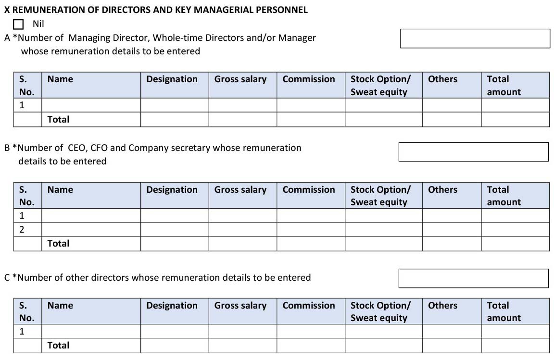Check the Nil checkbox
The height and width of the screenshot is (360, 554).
coord(19,24)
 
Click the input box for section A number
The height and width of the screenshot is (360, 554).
coord(475,38)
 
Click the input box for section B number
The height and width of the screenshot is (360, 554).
coord(473,152)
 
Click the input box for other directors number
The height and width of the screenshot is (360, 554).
coord(473,278)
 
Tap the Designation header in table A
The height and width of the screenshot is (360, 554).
coord(172,79)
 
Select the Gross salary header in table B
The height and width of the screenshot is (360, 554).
coord(240,190)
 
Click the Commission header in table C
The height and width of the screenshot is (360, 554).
coord(308,306)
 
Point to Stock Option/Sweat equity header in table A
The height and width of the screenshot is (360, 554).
coord(380,86)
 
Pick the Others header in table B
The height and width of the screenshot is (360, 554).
coord(442,190)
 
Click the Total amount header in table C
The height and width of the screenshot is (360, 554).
coord(504,311)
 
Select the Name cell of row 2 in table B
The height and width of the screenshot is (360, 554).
coord(91,229)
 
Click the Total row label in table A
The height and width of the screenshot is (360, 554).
coord(58,119)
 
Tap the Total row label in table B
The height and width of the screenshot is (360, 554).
coord(58,243)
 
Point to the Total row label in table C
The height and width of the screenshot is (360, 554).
coord(58,345)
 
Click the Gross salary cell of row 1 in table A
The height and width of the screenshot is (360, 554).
coord(242,105)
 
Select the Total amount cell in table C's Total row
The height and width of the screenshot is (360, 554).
coord(515,345)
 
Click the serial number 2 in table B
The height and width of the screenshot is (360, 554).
coord(22,229)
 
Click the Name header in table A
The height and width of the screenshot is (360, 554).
coord(60,79)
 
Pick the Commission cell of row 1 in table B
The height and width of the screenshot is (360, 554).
coord(311,215)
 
